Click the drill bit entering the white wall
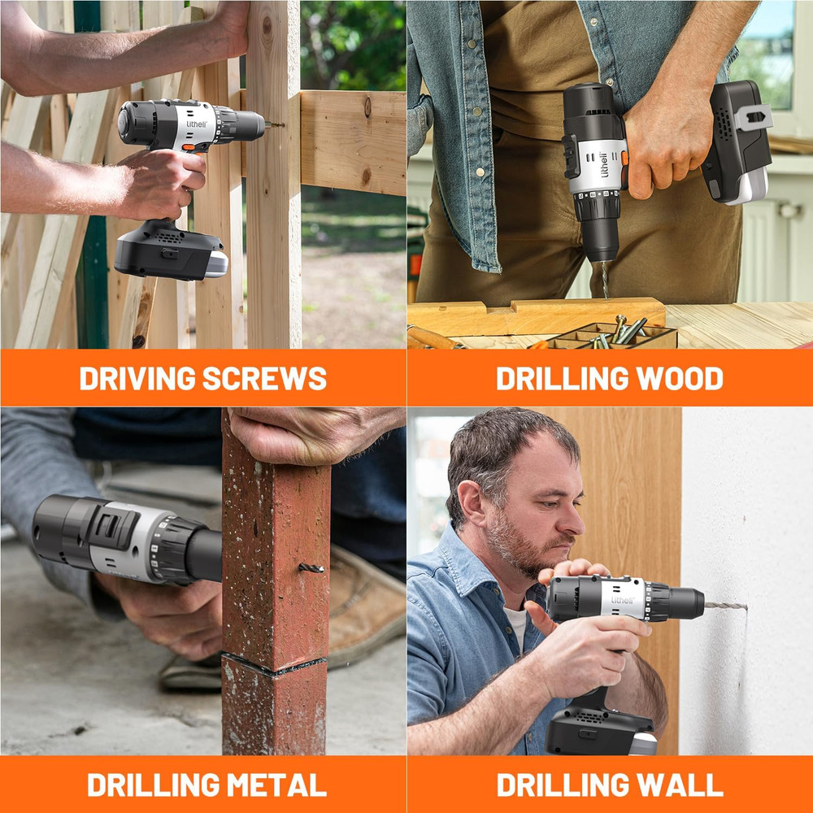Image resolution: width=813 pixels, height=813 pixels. point(725,606)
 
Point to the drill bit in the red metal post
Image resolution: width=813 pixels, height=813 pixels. point(311,567)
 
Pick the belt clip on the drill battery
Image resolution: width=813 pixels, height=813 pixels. point(753,118)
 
